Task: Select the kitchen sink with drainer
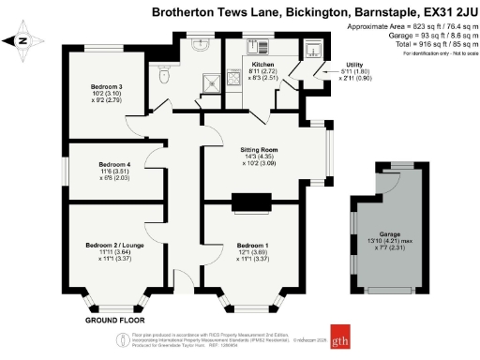click(x=258, y=46)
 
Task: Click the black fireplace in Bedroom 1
click(x=250, y=200)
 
